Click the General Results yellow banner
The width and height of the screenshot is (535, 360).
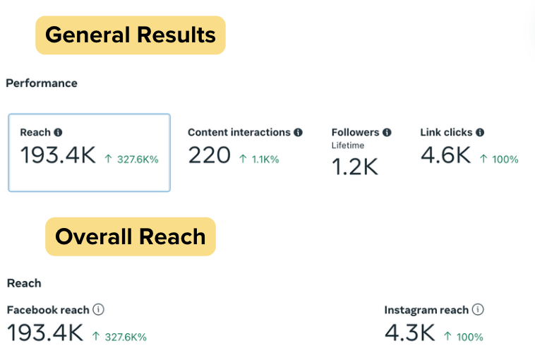tap(131, 35)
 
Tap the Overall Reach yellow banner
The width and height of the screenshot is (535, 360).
tap(131, 236)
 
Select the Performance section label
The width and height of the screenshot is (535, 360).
tap(42, 83)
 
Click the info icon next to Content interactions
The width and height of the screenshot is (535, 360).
tap(298, 132)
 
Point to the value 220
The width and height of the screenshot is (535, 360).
tap(210, 155)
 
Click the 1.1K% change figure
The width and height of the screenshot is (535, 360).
tap(260, 160)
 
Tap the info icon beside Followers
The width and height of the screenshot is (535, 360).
tap(387, 132)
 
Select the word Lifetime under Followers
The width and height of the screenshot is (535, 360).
tap(348, 145)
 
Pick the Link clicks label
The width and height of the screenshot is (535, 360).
tap(446, 132)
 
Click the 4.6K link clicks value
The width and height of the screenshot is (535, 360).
tap(445, 155)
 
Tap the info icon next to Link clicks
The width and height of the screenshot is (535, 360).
tap(480, 132)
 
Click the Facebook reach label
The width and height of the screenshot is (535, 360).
tap(48, 310)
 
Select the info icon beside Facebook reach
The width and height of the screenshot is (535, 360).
tap(99, 309)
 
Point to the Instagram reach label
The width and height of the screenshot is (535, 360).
tap(426, 310)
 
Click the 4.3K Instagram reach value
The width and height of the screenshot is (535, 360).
tap(409, 332)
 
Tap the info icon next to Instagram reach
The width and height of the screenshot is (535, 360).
tap(478, 309)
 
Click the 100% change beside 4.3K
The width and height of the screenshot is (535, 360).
tap(464, 337)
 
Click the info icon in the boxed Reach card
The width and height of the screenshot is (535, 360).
tap(58, 132)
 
